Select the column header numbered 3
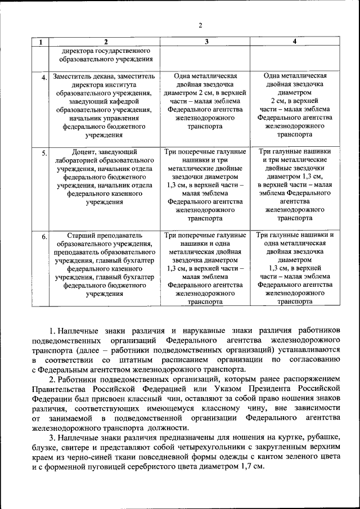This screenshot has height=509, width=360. [206, 42]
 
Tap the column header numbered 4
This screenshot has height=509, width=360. [295, 42]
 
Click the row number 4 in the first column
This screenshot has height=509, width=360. [43, 78]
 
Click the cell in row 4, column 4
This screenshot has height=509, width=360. [295, 105]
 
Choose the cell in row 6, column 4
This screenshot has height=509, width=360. [295, 268]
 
